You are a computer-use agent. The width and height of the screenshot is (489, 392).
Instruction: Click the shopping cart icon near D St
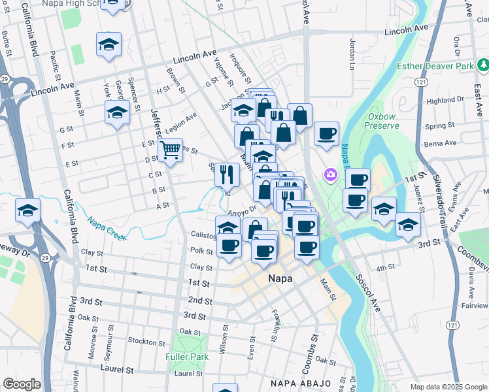coord(170,150)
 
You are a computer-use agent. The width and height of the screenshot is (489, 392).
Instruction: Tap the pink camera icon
coord(331,174)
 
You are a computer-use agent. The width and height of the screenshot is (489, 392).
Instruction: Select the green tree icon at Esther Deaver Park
coord(482,65)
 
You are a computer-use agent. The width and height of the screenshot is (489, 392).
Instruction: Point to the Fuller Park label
coord(188,357)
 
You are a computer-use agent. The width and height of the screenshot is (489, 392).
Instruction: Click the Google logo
coord(22,384)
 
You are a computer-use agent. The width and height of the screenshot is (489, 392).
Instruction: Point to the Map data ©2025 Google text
coord(448,387)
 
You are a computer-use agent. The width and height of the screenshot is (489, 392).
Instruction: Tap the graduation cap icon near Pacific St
coord(109,44)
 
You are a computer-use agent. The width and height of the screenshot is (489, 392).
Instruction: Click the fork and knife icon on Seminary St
coord(227,174)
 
